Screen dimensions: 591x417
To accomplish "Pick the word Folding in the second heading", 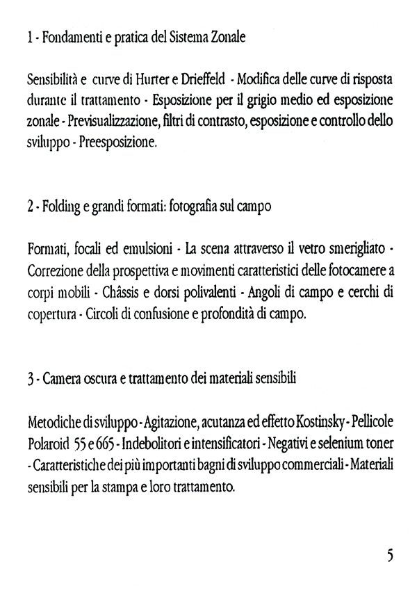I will (x=55, y=208).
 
